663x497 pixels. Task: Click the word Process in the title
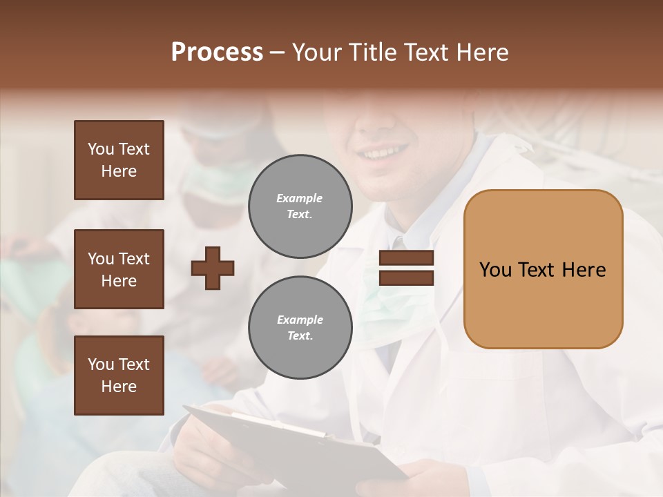(217, 52)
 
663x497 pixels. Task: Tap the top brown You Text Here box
(119, 160)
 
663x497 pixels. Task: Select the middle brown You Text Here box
(119, 269)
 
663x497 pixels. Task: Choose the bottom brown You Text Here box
(119, 375)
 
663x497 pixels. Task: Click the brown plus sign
(213, 268)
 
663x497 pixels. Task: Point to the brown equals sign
(406, 268)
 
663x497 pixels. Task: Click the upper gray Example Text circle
(300, 206)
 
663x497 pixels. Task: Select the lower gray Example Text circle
(300, 327)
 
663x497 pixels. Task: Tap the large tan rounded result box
(543, 269)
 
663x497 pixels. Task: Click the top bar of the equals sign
(406, 258)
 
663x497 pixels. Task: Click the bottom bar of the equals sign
(406, 277)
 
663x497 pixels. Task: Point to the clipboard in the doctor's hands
(290, 442)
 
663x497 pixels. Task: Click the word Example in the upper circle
(300, 198)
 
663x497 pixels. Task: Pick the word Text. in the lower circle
(300, 336)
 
